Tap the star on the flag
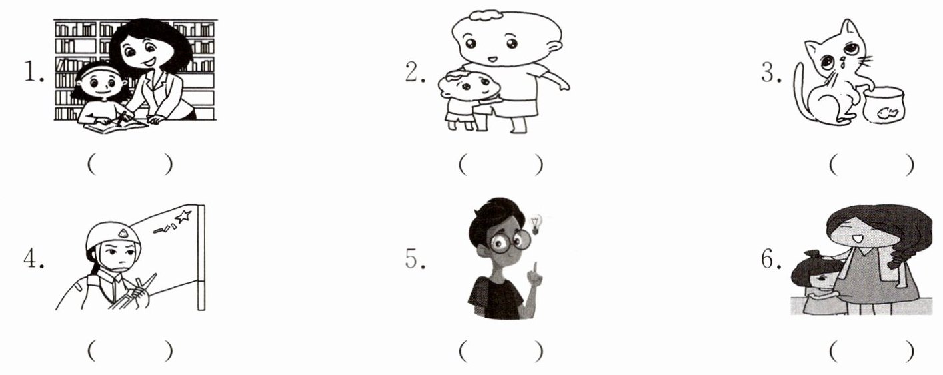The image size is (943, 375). click(183, 216)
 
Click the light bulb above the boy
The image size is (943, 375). click(536, 224)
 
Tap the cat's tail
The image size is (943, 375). click(800, 93)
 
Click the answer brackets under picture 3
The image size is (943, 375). click(872, 165)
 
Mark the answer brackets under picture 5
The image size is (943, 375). click(500, 351)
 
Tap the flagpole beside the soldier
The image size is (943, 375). click(201, 258)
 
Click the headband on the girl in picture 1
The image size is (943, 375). click(97, 70)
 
